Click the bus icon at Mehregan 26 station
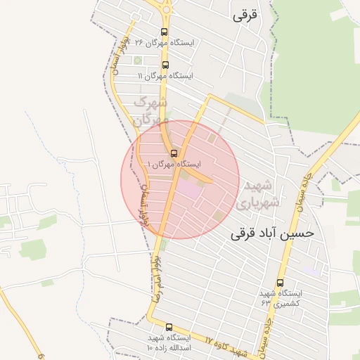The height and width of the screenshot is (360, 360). tap(165, 32)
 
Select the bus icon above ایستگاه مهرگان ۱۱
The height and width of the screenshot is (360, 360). tap(165, 65)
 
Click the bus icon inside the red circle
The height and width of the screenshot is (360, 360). tap(174, 153)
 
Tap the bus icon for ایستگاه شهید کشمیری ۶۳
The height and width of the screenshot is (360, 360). tap(280, 283)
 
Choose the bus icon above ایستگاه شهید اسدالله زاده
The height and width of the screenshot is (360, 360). tap(169, 327)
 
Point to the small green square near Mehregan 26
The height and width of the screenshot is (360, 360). tap(138, 60)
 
